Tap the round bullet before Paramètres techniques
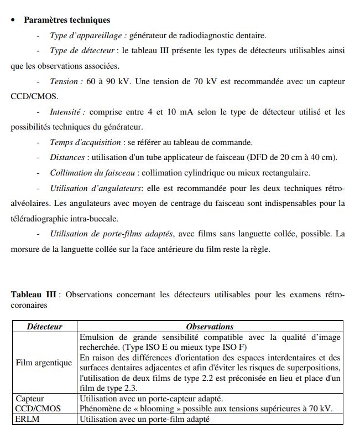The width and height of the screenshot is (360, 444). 13,20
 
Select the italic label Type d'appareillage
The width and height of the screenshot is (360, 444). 89,36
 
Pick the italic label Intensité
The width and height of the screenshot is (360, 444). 67,112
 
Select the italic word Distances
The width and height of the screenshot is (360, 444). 67,157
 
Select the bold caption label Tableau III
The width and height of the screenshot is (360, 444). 34,294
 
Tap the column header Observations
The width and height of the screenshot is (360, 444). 210,327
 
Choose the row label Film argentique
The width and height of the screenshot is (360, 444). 44,363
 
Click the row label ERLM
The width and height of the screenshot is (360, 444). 26,419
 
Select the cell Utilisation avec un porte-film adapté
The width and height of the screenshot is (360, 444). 145,419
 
